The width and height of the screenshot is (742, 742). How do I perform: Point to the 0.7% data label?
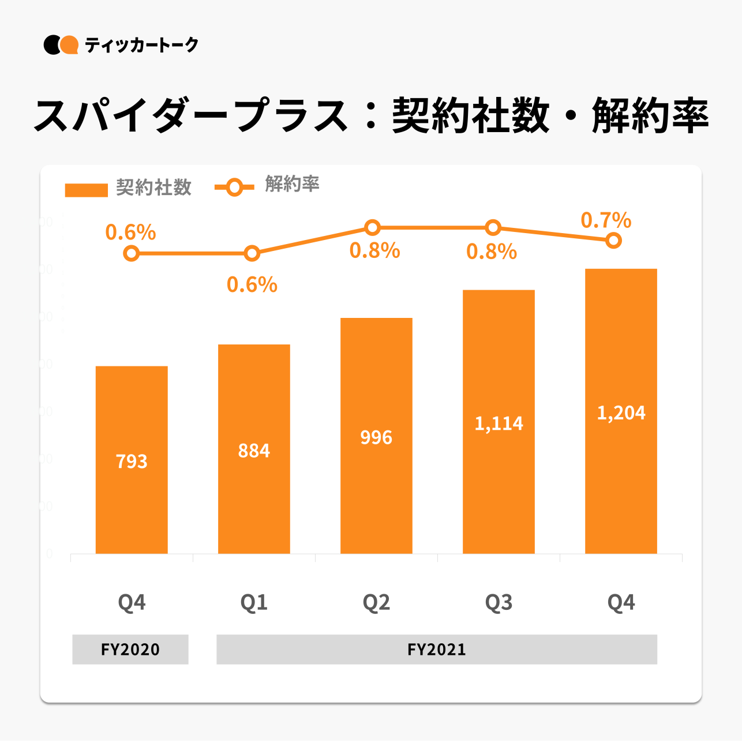click(x=606, y=220)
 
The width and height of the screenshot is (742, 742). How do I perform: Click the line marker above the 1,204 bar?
click(x=614, y=241)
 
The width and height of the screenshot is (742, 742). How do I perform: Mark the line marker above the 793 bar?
click(x=132, y=253)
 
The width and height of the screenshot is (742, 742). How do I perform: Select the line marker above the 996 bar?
click(x=373, y=227)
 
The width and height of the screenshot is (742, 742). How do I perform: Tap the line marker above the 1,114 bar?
click(x=493, y=227)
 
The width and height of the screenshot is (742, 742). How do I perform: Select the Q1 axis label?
click(x=254, y=602)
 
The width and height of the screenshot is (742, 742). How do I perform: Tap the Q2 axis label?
click(x=376, y=602)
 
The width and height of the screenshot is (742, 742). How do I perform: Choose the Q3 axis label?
click(x=499, y=602)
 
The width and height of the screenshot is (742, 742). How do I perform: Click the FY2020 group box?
click(x=130, y=649)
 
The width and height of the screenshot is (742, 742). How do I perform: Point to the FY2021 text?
click(x=437, y=650)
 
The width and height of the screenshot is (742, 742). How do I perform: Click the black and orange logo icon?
click(x=61, y=45)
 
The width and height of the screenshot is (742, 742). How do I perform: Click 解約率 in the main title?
click(x=650, y=116)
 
